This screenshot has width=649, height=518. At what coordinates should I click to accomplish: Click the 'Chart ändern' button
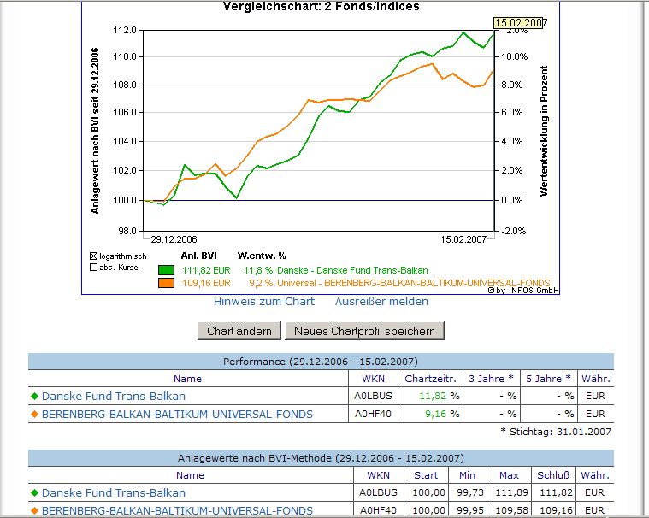[239, 331]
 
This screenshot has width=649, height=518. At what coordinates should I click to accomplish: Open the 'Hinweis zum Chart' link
[264, 301]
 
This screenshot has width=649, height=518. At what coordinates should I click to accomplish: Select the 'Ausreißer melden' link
[381, 301]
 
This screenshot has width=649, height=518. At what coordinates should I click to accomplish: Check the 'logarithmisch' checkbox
[94, 256]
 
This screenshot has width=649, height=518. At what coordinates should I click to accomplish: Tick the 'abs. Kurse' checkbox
[94, 268]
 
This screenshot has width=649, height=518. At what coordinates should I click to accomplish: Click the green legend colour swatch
[166, 270]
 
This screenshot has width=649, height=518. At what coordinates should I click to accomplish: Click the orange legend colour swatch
[166, 283]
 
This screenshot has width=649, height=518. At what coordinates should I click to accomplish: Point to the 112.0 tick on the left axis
[125, 30]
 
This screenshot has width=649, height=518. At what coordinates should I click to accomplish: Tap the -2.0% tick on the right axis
[512, 231]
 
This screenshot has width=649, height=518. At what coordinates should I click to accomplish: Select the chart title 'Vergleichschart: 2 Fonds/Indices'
[321, 7]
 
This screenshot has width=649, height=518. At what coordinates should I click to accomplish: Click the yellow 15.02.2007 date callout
[519, 22]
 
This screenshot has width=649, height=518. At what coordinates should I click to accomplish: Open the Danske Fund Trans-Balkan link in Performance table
[114, 397]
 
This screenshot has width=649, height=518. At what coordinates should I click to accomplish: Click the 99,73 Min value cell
[466, 493]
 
